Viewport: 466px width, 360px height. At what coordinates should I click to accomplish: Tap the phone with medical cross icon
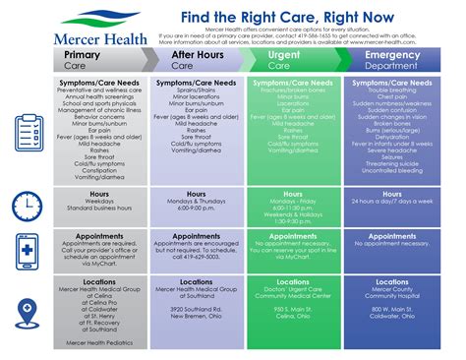click(x=26, y=250)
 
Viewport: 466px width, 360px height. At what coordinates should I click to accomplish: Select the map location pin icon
click(x=26, y=308)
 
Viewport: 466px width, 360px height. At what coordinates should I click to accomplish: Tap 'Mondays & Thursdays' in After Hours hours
click(x=196, y=202)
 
